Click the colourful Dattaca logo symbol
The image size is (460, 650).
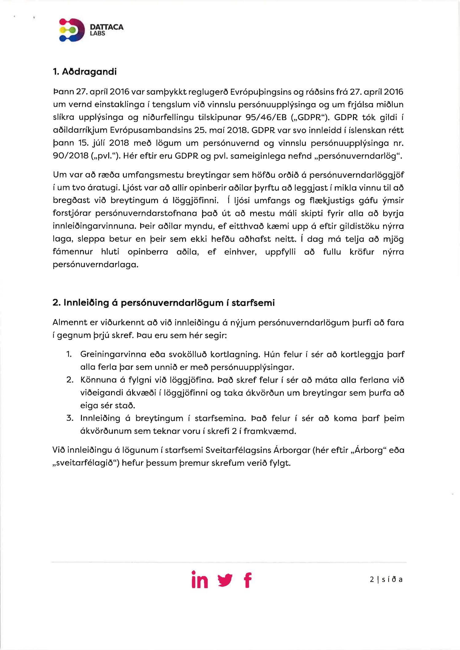click(x=72, y=30)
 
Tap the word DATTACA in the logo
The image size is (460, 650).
click(x=107, y=27)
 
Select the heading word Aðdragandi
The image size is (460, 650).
click(x=89, y=72)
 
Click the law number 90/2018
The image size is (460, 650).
click(x=71, y=156)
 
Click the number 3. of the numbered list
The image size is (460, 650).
click(x=70, y=418)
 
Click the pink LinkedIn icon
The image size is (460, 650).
click(x=200, y=580)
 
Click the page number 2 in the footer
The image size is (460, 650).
click(x=372, y=580)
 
